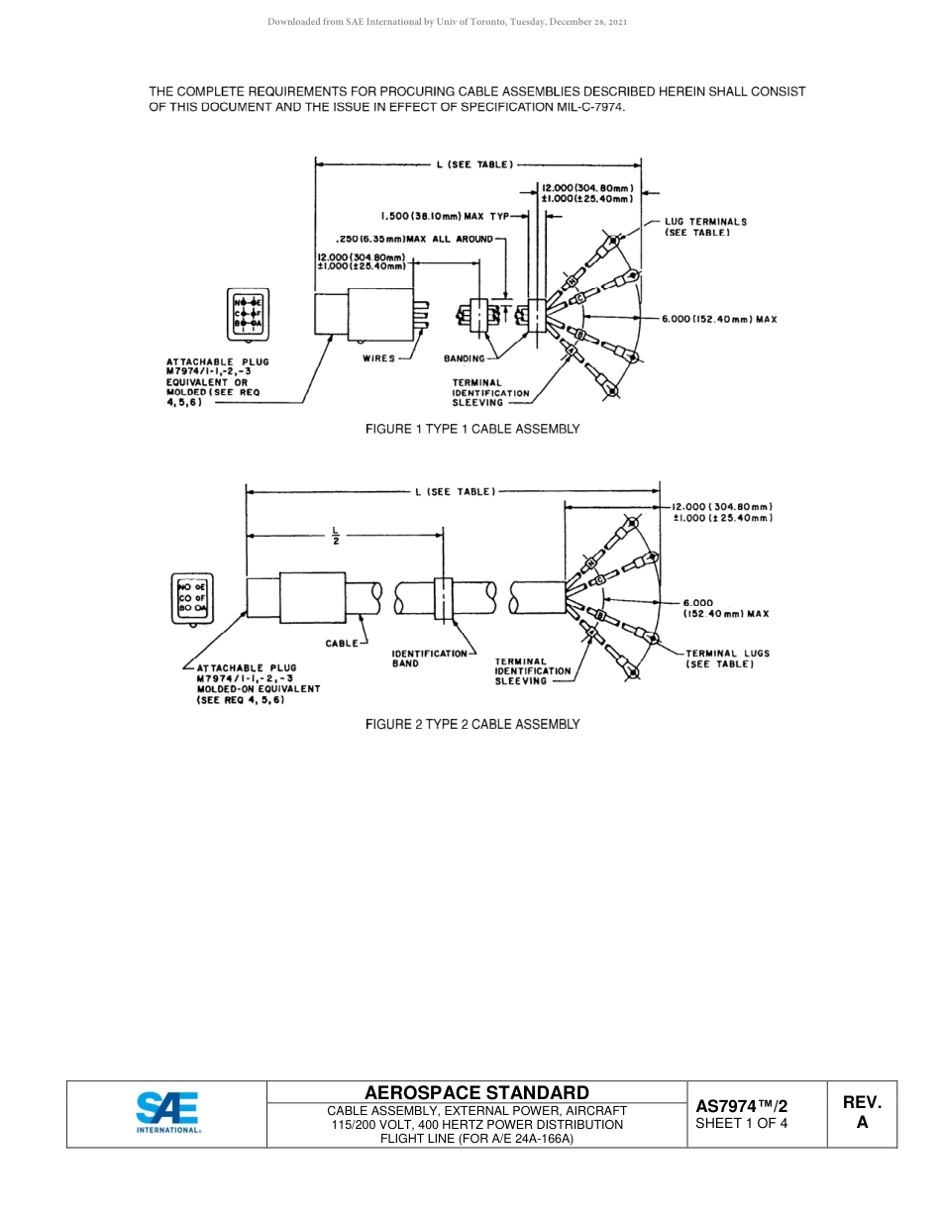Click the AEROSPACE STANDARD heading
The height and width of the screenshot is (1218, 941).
click(x=476, y=1092)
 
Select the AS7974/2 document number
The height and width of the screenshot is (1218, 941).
click(x=742, y=1106)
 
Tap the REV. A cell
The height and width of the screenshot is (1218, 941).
click(x=862, y=1113)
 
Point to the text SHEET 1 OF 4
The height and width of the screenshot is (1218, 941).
click(x=742, y=1124)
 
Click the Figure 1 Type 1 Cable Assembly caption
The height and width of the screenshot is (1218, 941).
click(x=472, y=429)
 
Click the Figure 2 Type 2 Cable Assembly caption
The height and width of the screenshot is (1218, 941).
click(x=472, y=724)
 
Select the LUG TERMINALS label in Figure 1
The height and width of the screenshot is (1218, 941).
click(x=705, y=227)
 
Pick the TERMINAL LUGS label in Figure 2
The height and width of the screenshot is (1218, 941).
click(x=728, y=659)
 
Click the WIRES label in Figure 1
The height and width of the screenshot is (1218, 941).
click(x=379, y=358)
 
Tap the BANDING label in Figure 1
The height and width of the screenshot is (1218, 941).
click(x=465, y=358)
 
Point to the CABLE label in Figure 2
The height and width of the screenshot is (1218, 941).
click(x=343, y=644)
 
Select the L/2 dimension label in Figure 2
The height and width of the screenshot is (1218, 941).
click(x=336, y=536)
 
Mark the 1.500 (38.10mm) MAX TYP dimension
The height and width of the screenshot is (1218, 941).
click(x=445, y=215)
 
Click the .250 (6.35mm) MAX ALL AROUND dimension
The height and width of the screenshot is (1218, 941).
click(x=415, y=239)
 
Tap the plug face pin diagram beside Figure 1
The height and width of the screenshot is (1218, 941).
click(x=248, y=313)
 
